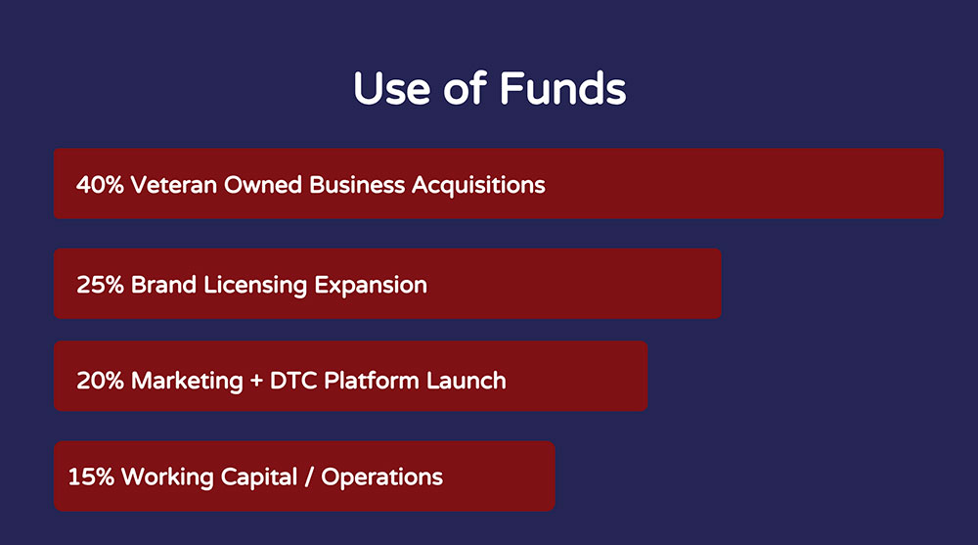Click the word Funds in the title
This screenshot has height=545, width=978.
562,88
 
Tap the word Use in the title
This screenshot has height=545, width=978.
392,88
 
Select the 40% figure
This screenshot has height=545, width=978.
100,185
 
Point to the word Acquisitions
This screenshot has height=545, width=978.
478,185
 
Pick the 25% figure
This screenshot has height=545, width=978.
100,285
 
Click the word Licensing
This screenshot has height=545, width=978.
255,286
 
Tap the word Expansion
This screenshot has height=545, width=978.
371,286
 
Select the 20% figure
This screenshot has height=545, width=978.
100,381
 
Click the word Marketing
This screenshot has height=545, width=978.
187,381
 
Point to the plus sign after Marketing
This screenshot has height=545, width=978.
255,381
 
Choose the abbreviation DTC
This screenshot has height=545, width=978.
293,381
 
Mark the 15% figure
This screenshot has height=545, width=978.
91,477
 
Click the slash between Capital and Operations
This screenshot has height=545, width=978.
309,477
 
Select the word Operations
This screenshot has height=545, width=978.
381,477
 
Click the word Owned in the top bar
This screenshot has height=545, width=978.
262,185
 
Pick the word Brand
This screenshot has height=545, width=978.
164,285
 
